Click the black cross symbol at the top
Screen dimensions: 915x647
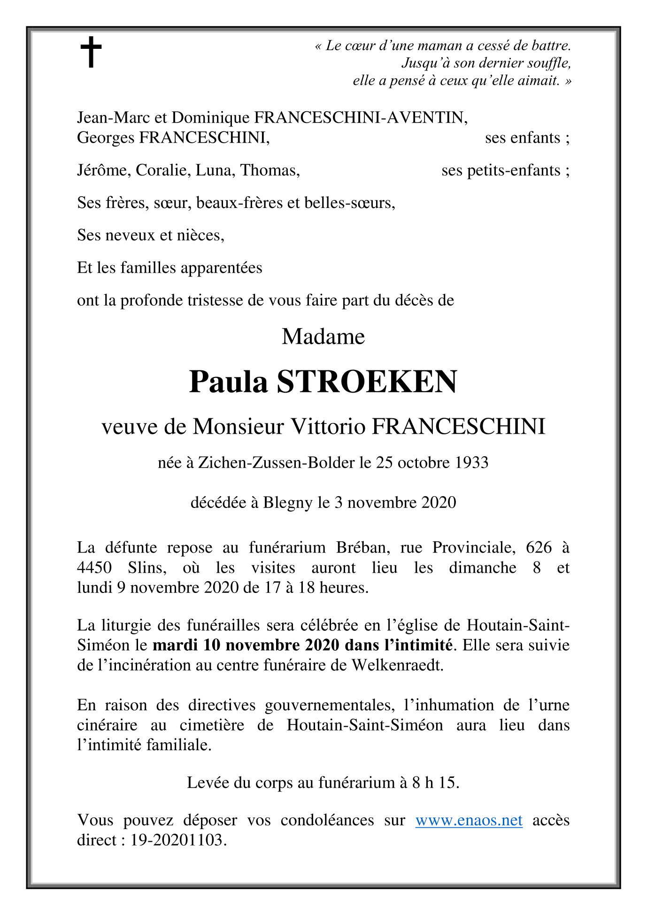91,53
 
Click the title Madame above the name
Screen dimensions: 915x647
323,337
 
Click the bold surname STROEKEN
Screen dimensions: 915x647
367,382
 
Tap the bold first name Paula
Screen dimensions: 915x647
228,382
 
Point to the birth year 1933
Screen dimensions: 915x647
471,463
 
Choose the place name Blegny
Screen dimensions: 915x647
288,503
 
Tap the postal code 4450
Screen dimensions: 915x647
94,568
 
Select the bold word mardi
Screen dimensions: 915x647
176,645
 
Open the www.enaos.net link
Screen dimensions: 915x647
469,820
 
